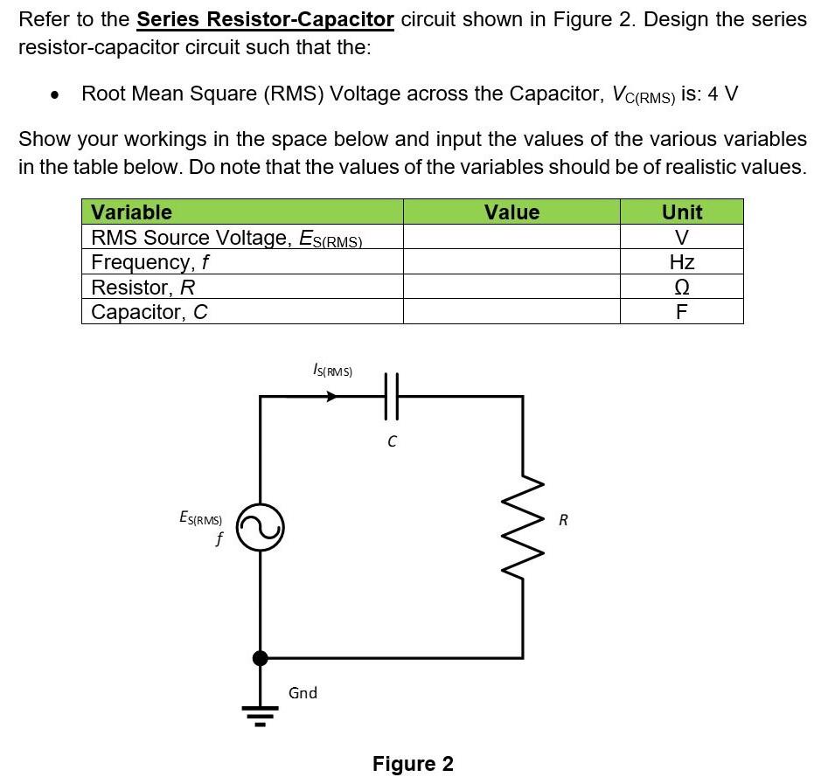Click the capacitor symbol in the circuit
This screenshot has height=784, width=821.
tap(392, 396)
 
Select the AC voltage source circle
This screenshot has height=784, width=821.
tap(261, 527)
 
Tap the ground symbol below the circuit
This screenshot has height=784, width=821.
tap(260, 715)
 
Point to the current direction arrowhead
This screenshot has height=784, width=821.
tap(331, 396)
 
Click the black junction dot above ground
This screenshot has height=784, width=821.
tap(260, 658)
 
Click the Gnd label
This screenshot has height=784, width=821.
tap(303, 693)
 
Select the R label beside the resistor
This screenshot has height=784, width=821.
tap(563, 520)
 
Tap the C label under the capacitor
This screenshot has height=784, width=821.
tap(392, 442)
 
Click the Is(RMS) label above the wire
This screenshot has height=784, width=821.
tap(332, 371)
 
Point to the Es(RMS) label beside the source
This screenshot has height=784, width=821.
tap(200, 518)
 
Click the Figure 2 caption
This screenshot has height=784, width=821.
tap(413, 764)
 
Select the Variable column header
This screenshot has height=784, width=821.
tap(132, 212)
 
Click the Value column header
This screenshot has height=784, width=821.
tap(511, 212)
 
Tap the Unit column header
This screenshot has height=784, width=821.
tap(682, 212)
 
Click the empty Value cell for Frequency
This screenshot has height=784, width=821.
tap(511, 262)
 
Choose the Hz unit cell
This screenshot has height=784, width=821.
tap(682, 262)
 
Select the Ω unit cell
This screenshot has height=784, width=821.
tap(682, 288)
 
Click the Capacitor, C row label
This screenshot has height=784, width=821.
tap(150, 312)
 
